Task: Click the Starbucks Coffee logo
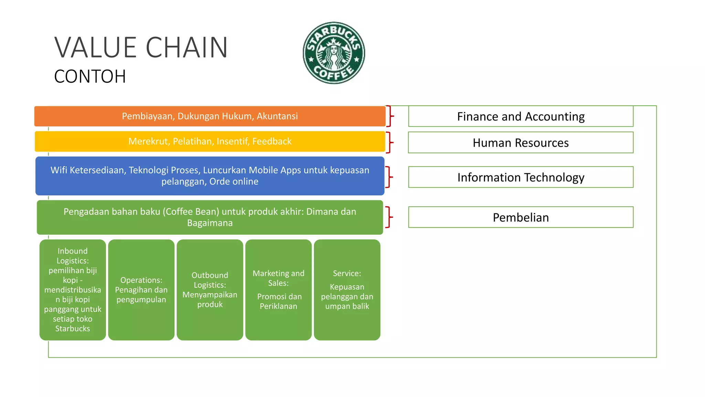[x=334, y=53]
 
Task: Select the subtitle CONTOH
[x=90, y=77]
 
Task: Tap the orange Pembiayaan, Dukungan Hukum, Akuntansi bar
[x=210, y=116]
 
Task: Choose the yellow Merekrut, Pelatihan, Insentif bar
[x=210, y=141]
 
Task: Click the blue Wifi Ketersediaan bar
[x=210, y=176]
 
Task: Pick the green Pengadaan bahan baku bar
[x=210, y=217]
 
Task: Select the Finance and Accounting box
[x=520, y=116]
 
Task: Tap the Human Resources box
[x=520, y=143]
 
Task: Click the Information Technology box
[x=520, y=177]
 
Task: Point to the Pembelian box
[x=520, y=217]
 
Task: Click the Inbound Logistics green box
[x=73, y=289]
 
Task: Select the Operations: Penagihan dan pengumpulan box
[x=141, y=289]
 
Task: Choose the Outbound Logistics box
[x=210, y=289]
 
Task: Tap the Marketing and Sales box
[x=278, y=289]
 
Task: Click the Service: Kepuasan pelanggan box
[x=347, y=289]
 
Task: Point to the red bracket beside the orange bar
[x=390, y=116]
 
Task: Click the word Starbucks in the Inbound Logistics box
[x=73, y=328]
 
